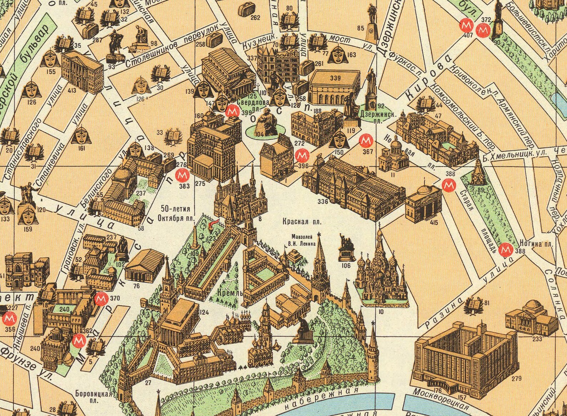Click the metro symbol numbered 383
click(x=183, y=176)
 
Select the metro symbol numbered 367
click(x=365, y=141)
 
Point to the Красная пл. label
click(x=302, y=222)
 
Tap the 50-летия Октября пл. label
click(x=175, y=212)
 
